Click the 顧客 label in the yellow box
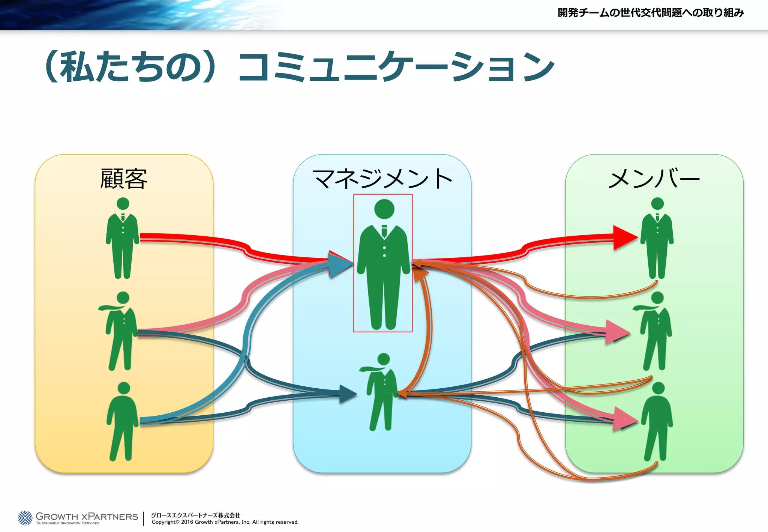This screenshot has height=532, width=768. tap(123, 179)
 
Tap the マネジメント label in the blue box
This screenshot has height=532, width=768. tap(382, 179)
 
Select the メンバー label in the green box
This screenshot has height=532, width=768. tap(654, 179)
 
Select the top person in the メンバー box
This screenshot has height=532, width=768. tap(657, 239)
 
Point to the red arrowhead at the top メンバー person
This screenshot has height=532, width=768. tap(624, 237)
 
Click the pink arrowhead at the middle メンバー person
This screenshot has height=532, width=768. tap(618, 331)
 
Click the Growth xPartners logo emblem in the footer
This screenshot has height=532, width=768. tap(25, 518)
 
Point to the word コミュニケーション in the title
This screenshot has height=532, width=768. tap(396, 67)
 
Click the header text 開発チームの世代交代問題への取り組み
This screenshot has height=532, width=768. tap(651, 13)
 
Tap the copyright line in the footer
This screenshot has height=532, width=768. tap(225, 522)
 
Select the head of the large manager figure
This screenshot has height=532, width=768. tap(384, 209)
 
